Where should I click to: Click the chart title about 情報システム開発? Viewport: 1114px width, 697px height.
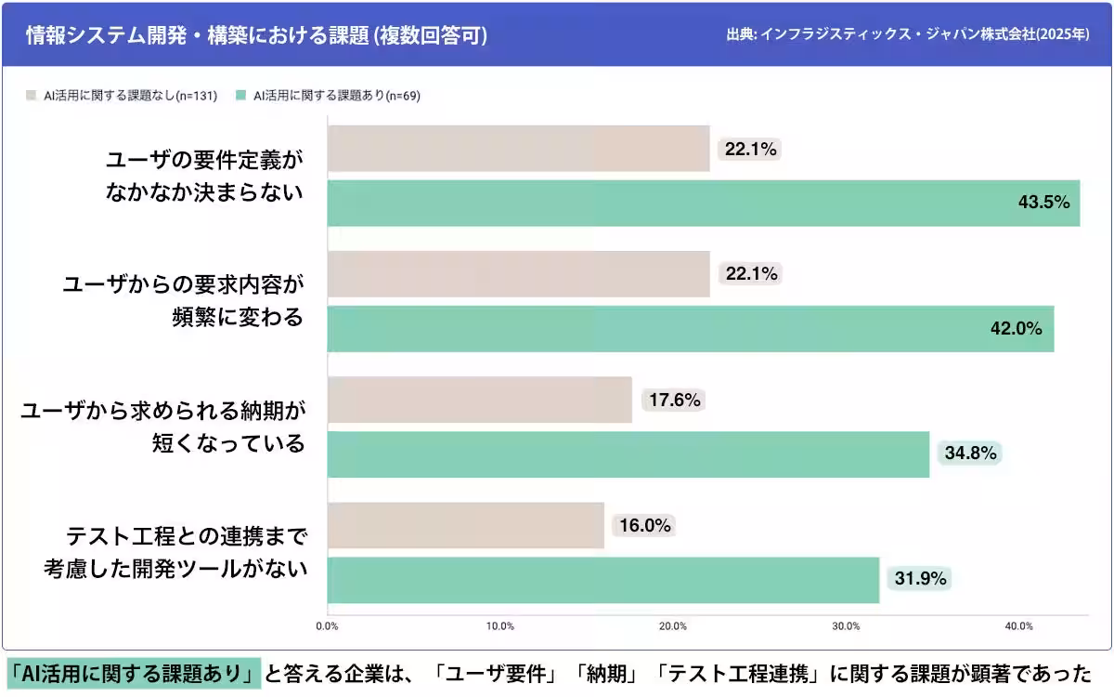point(256,35)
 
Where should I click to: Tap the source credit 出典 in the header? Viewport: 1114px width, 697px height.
point(908,35)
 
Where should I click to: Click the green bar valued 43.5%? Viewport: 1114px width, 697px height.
point(703,203)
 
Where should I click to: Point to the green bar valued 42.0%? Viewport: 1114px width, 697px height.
point(690,328)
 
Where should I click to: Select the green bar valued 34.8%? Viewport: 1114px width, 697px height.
point(628,454)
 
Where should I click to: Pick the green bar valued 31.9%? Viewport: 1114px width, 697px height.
point(602,580)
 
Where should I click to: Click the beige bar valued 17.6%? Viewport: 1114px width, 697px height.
point(479,400)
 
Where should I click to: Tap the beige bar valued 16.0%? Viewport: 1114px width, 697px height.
point(465,526)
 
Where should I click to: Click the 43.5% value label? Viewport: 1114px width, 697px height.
point(1044,203)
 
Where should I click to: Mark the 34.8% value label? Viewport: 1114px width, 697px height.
point(970,454)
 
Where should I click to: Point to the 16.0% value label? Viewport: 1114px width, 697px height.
point(644,526)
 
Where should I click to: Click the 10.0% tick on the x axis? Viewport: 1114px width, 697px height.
point(500,626)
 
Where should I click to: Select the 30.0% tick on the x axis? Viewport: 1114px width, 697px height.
point(846,626)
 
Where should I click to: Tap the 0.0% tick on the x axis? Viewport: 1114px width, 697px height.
point(328,626)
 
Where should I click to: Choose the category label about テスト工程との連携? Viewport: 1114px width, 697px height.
point(176,552)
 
